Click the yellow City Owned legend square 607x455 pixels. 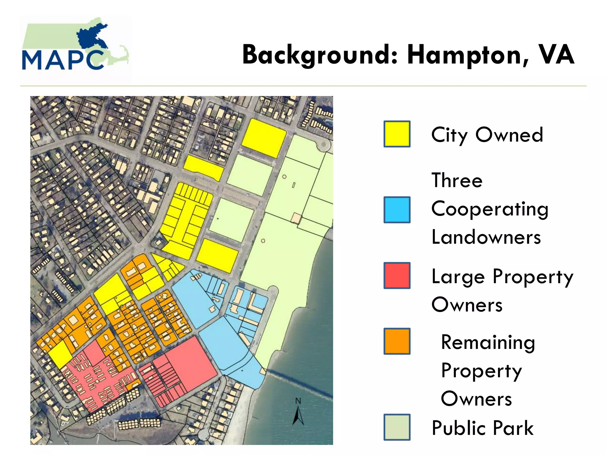click(397, 134)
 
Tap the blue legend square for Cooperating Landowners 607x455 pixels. click(397, 210)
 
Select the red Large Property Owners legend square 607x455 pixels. click(397, 275)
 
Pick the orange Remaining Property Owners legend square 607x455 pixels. click(397, 341)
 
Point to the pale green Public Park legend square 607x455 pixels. click(397, 427)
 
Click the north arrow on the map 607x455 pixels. click(298, 416)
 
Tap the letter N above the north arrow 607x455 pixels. click(298, 401)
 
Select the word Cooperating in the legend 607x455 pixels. click(490, 209)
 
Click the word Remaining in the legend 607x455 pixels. click(488, 342)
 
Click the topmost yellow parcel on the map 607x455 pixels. click(263, 138)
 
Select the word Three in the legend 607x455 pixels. click(457, 180)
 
